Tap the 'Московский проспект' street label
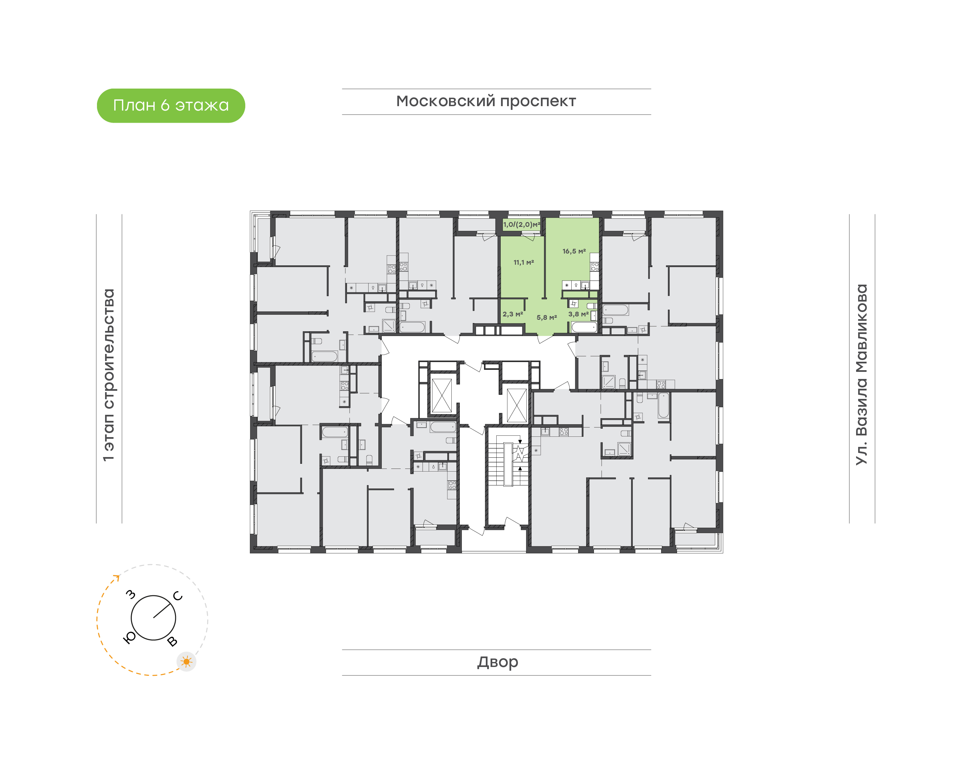pyautogui.click(x=486, y=101)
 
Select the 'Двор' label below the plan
pyautogui.click(x=497, y=662)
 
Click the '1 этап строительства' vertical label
pyautogui.click(x=108, y=375)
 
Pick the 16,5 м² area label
pyautogui.click(x=574, y=252)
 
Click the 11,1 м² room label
pyautogui.click(x=523, y=263)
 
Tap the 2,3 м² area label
pyautogui.click(x=513, y=314)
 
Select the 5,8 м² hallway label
pyautogui.click(x=547, y=317)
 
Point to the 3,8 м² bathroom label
pyautogui.click(x=578, y=314)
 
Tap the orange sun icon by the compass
pyautogui.click(x=186, y=662)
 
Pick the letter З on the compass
pyautogui.click(x=130, y=595)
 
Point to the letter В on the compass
pyautogui.click(x=172, y=642)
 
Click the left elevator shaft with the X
pyautogui.click(x=442, y=396)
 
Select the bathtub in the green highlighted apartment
pyautogui.click(x=584, y=328)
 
